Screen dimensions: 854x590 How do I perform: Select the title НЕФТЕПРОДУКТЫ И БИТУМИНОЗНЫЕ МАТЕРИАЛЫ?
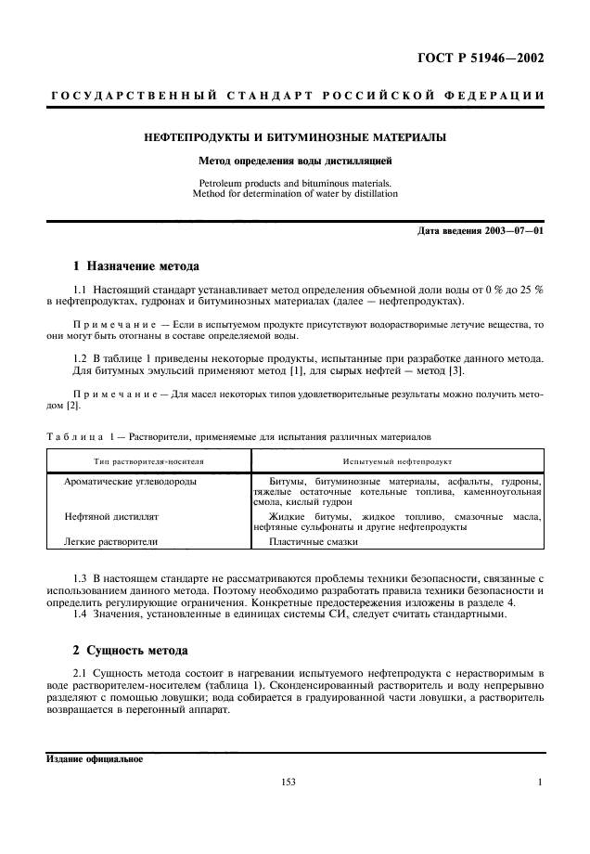pos(294,137)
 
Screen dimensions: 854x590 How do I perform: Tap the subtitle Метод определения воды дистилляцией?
pos(294,161)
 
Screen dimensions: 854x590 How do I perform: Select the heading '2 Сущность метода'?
pos(130,650)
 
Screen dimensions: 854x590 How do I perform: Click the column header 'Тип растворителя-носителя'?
pos(147,459)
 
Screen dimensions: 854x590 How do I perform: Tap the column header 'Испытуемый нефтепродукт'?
pos(397,459)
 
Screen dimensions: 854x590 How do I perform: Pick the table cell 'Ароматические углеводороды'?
pos(130,482)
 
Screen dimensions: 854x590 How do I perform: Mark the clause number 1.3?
pos(79,577)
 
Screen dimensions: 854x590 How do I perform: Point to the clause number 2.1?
pos(79,670)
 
